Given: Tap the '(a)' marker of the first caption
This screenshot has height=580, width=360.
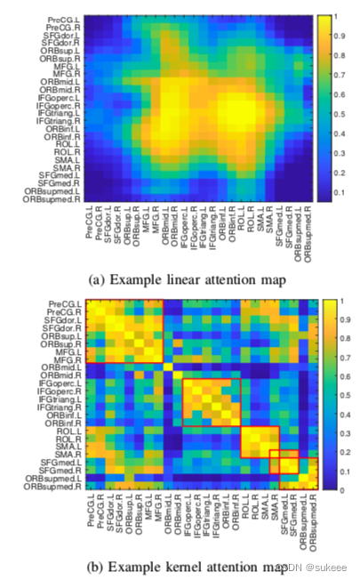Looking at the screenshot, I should click(x=97, y=282).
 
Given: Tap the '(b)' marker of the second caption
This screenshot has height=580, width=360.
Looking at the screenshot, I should click(x=97, y=566).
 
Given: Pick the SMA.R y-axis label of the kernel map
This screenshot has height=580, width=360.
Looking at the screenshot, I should click(x=71, y=454).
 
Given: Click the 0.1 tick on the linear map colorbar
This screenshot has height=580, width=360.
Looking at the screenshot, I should click(x=340, y=191).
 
